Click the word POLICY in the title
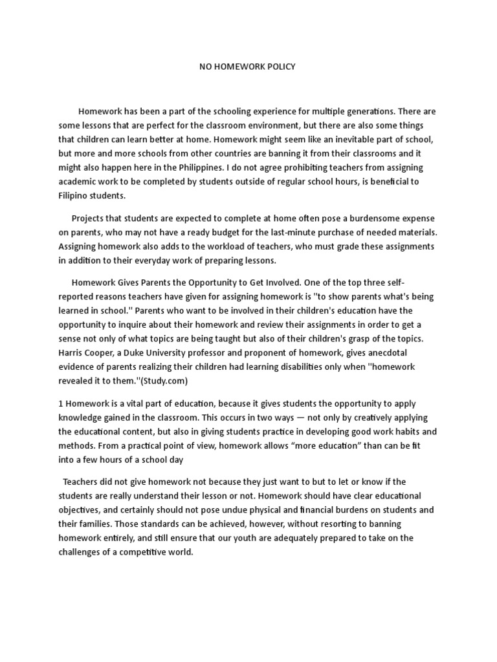[282, 67]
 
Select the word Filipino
[74, 196]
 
